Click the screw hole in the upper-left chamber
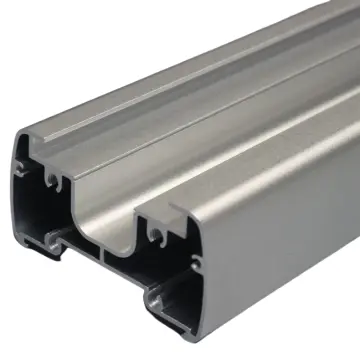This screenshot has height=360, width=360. tap(50, 181)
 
